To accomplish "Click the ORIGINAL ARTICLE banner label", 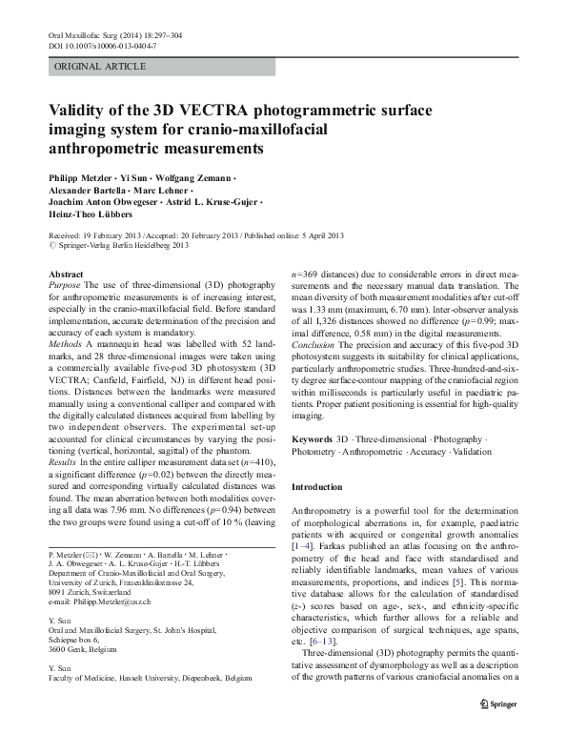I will pyautogui.click(x=100, y=66).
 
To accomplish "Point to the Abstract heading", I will pyautogui.click(x=65, y=275).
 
